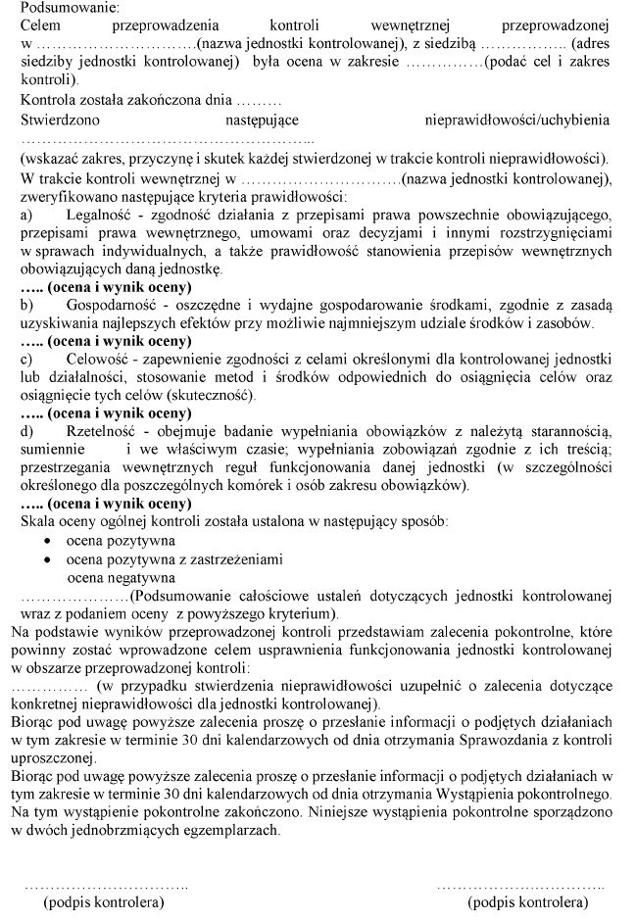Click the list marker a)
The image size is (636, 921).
click(x=27, y=215)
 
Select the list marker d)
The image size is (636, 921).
click(x=27, y=431)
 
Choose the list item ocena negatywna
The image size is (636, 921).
click(x=121, y=577)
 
